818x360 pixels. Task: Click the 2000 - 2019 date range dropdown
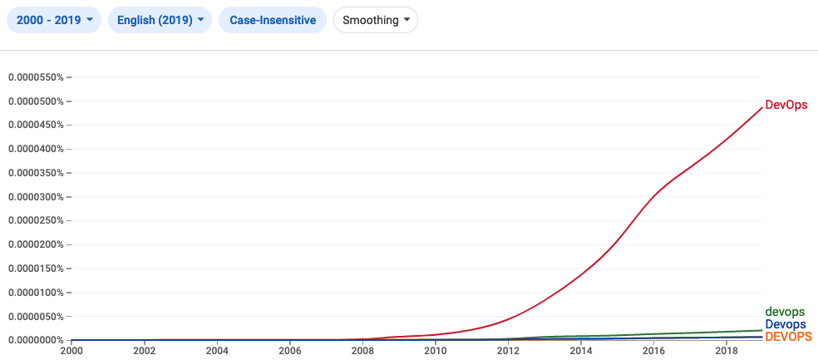point(54,20)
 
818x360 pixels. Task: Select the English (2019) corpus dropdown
point(160,20)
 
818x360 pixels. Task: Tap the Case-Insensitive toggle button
point(273,20)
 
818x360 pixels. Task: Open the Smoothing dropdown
point(375,20)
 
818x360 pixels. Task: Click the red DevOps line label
point(786,106)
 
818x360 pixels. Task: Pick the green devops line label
point(785,312)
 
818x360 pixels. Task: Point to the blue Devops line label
point(785,324)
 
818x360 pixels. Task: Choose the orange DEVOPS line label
point(788,336)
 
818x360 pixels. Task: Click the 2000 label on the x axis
point(71,349)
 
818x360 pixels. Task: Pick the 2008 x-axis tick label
point(362,349)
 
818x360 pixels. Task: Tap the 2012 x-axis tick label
point(508,349)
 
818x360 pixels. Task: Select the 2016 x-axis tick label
point(653,349)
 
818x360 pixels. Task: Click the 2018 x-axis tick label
point(727,349)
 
